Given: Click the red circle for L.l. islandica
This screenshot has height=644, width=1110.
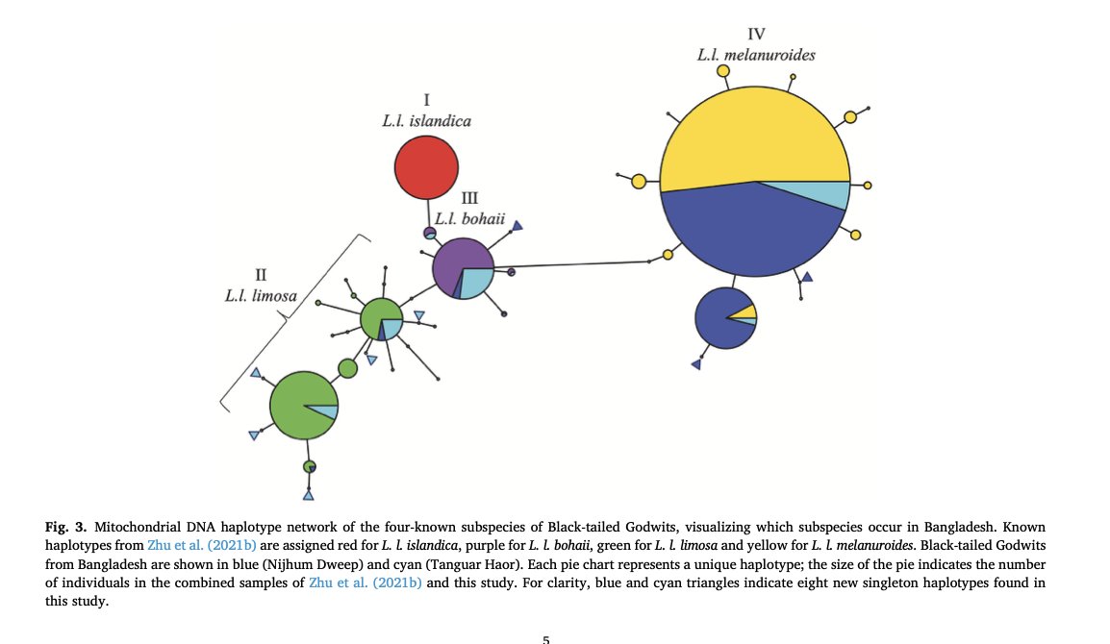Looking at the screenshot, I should pos(425,167).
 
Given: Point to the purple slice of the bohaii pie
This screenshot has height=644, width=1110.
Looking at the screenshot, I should pos(454,260).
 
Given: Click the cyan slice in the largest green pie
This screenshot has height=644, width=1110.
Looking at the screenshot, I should pos(328,412).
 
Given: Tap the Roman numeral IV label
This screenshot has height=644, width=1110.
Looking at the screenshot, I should pos(756,35).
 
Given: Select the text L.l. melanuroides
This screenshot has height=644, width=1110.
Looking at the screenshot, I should pos(756,55).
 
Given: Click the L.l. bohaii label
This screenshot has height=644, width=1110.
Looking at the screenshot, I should pos(468,218).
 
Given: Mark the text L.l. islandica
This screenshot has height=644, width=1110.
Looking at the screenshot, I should pos(425,121).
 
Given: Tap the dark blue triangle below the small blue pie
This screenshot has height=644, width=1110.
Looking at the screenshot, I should pos(695,364).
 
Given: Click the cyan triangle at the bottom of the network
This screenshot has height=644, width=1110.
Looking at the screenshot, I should pos(308,496).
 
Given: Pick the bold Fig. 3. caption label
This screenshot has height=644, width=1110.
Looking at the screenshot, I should pos(63,528).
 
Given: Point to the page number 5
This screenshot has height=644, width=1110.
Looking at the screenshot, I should pos(546,636).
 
